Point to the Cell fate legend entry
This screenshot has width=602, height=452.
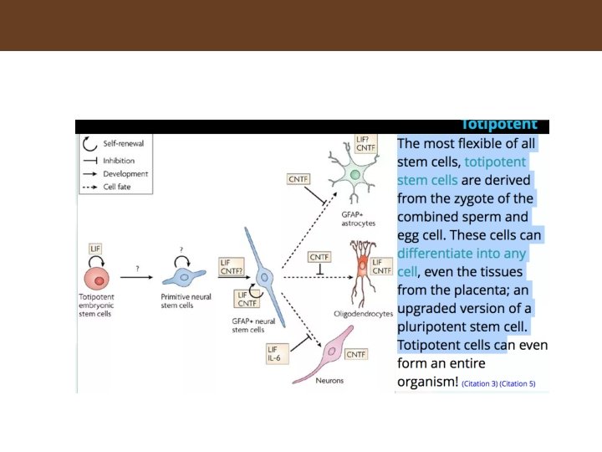click(114, 187)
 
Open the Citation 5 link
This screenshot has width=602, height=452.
click(518, 384)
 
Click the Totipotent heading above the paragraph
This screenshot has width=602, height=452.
click(498, 125)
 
